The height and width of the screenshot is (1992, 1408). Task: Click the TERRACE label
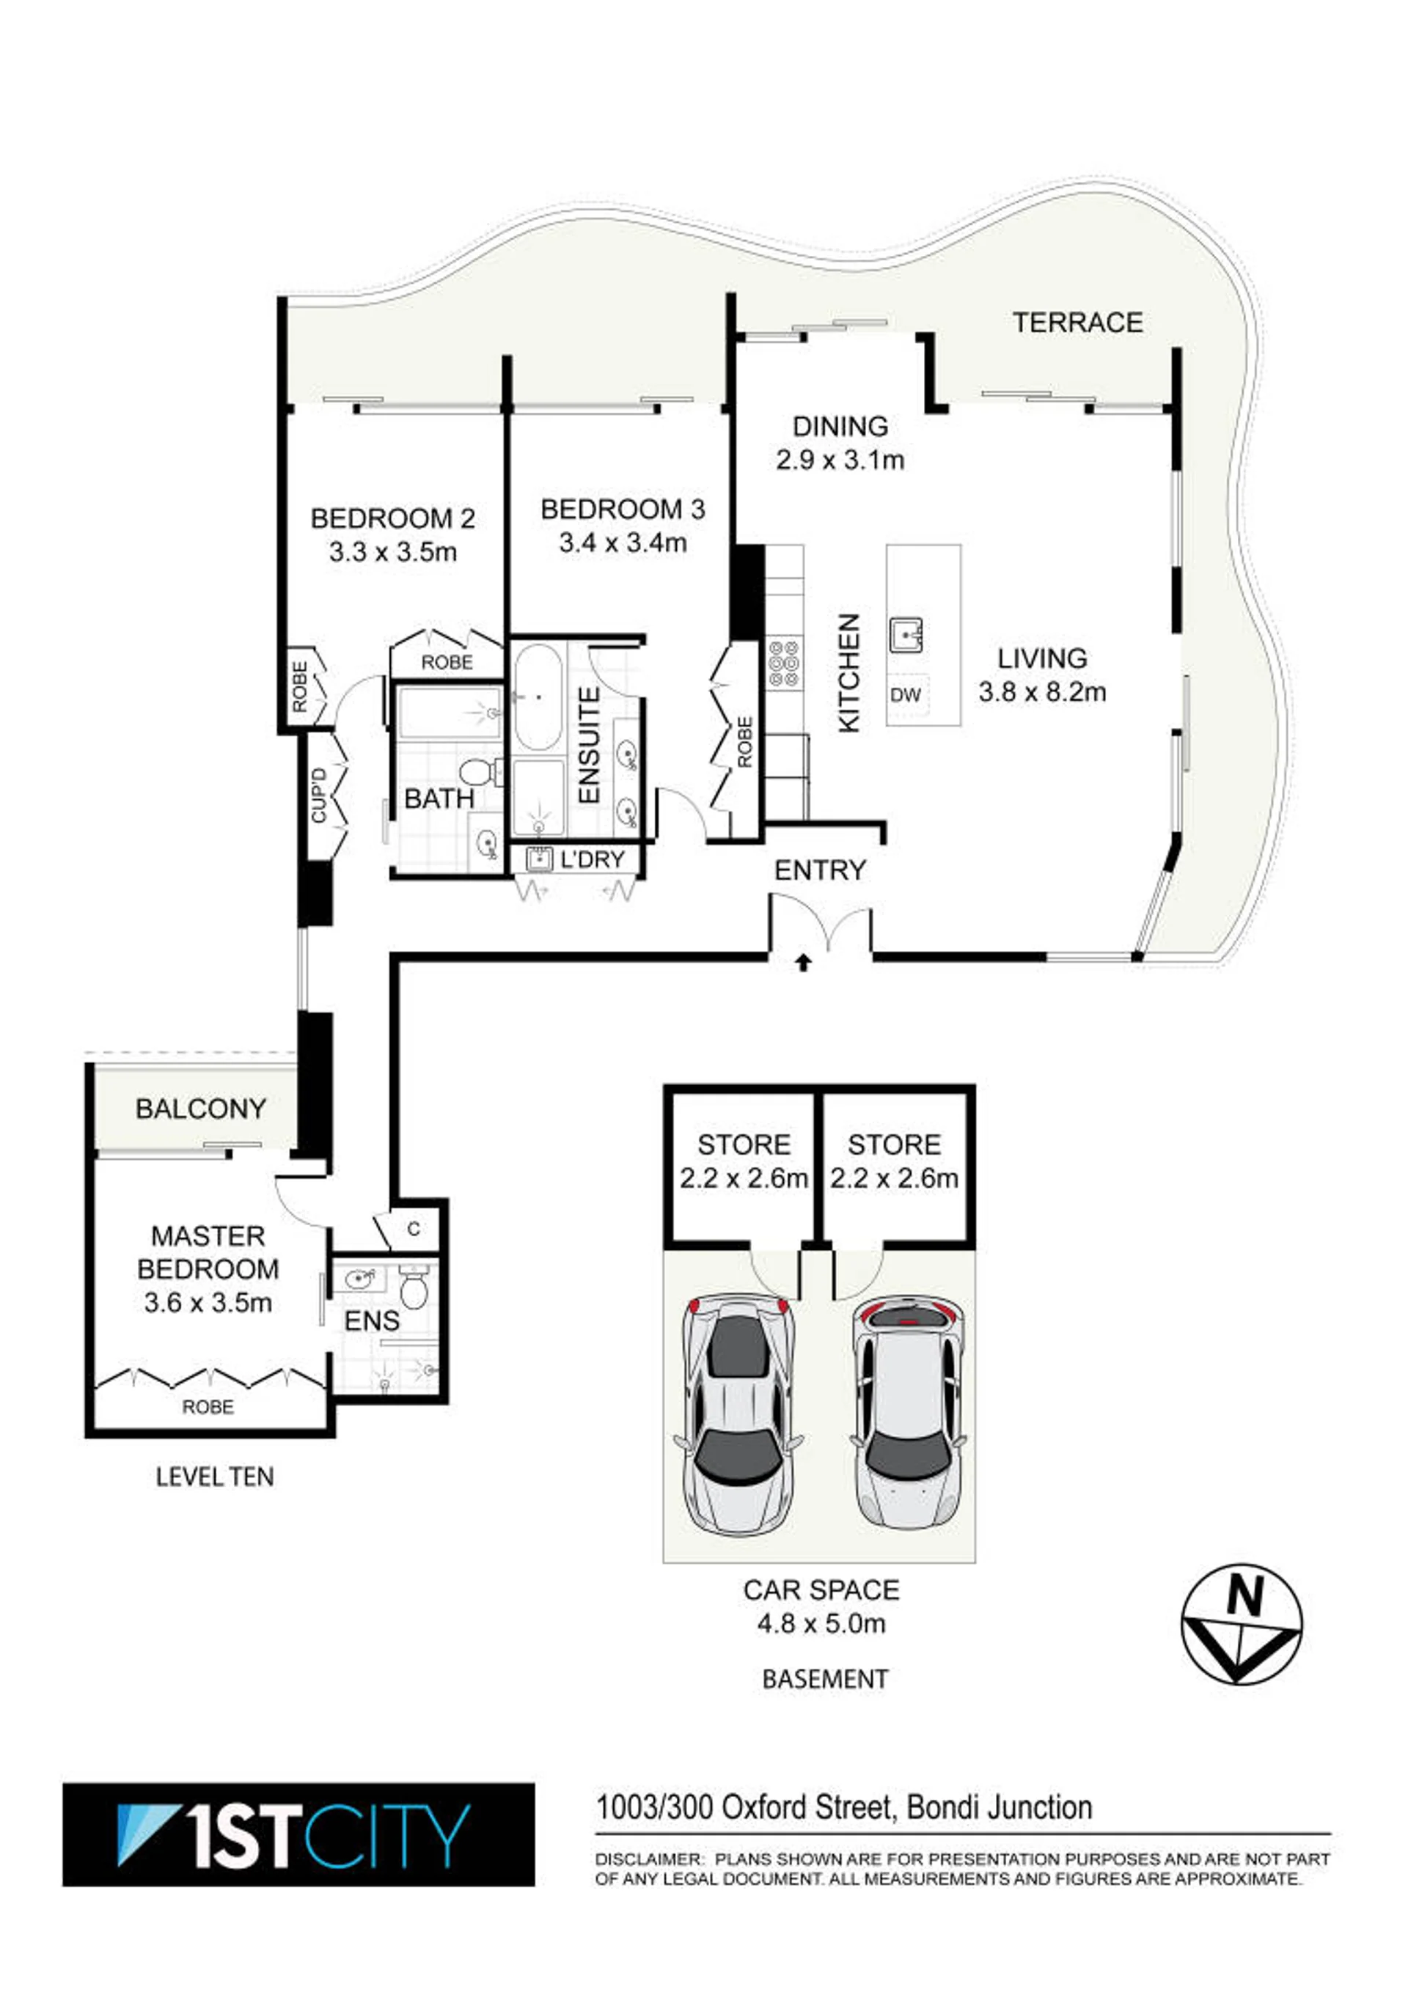pyautogui.click(x=1077, y=323)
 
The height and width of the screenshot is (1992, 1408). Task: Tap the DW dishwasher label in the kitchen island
pyautogui.click(x=906, y=694)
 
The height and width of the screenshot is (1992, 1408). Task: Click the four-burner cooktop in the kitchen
pyautogui.click(x=784, y=664)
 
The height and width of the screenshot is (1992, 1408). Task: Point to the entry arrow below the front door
pyautogui.click(x=803, y=961)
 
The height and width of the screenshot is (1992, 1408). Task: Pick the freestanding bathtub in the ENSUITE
pyautogui.click(x=538, y=697)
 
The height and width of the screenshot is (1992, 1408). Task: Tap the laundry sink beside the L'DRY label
pyautogui.click(x=540, y=859)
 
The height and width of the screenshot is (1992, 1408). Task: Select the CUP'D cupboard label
pyautogui.click(x=318, y=795)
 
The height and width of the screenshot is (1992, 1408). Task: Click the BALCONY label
pyautogui.click(x=200, y=1108)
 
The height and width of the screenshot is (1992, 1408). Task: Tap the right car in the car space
pyautogui.click(x=908, y=1414)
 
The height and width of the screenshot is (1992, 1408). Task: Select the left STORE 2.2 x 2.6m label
pyautogui.click(x=744, y=1161)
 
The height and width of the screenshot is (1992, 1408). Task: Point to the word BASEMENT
pyautogui.click(x=825, y=1679)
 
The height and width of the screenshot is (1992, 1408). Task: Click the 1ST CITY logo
pyautogui.click(x=298, y=1834)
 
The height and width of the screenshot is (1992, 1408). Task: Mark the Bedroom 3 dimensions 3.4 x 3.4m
pyautogui.click(x=623, y=543)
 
